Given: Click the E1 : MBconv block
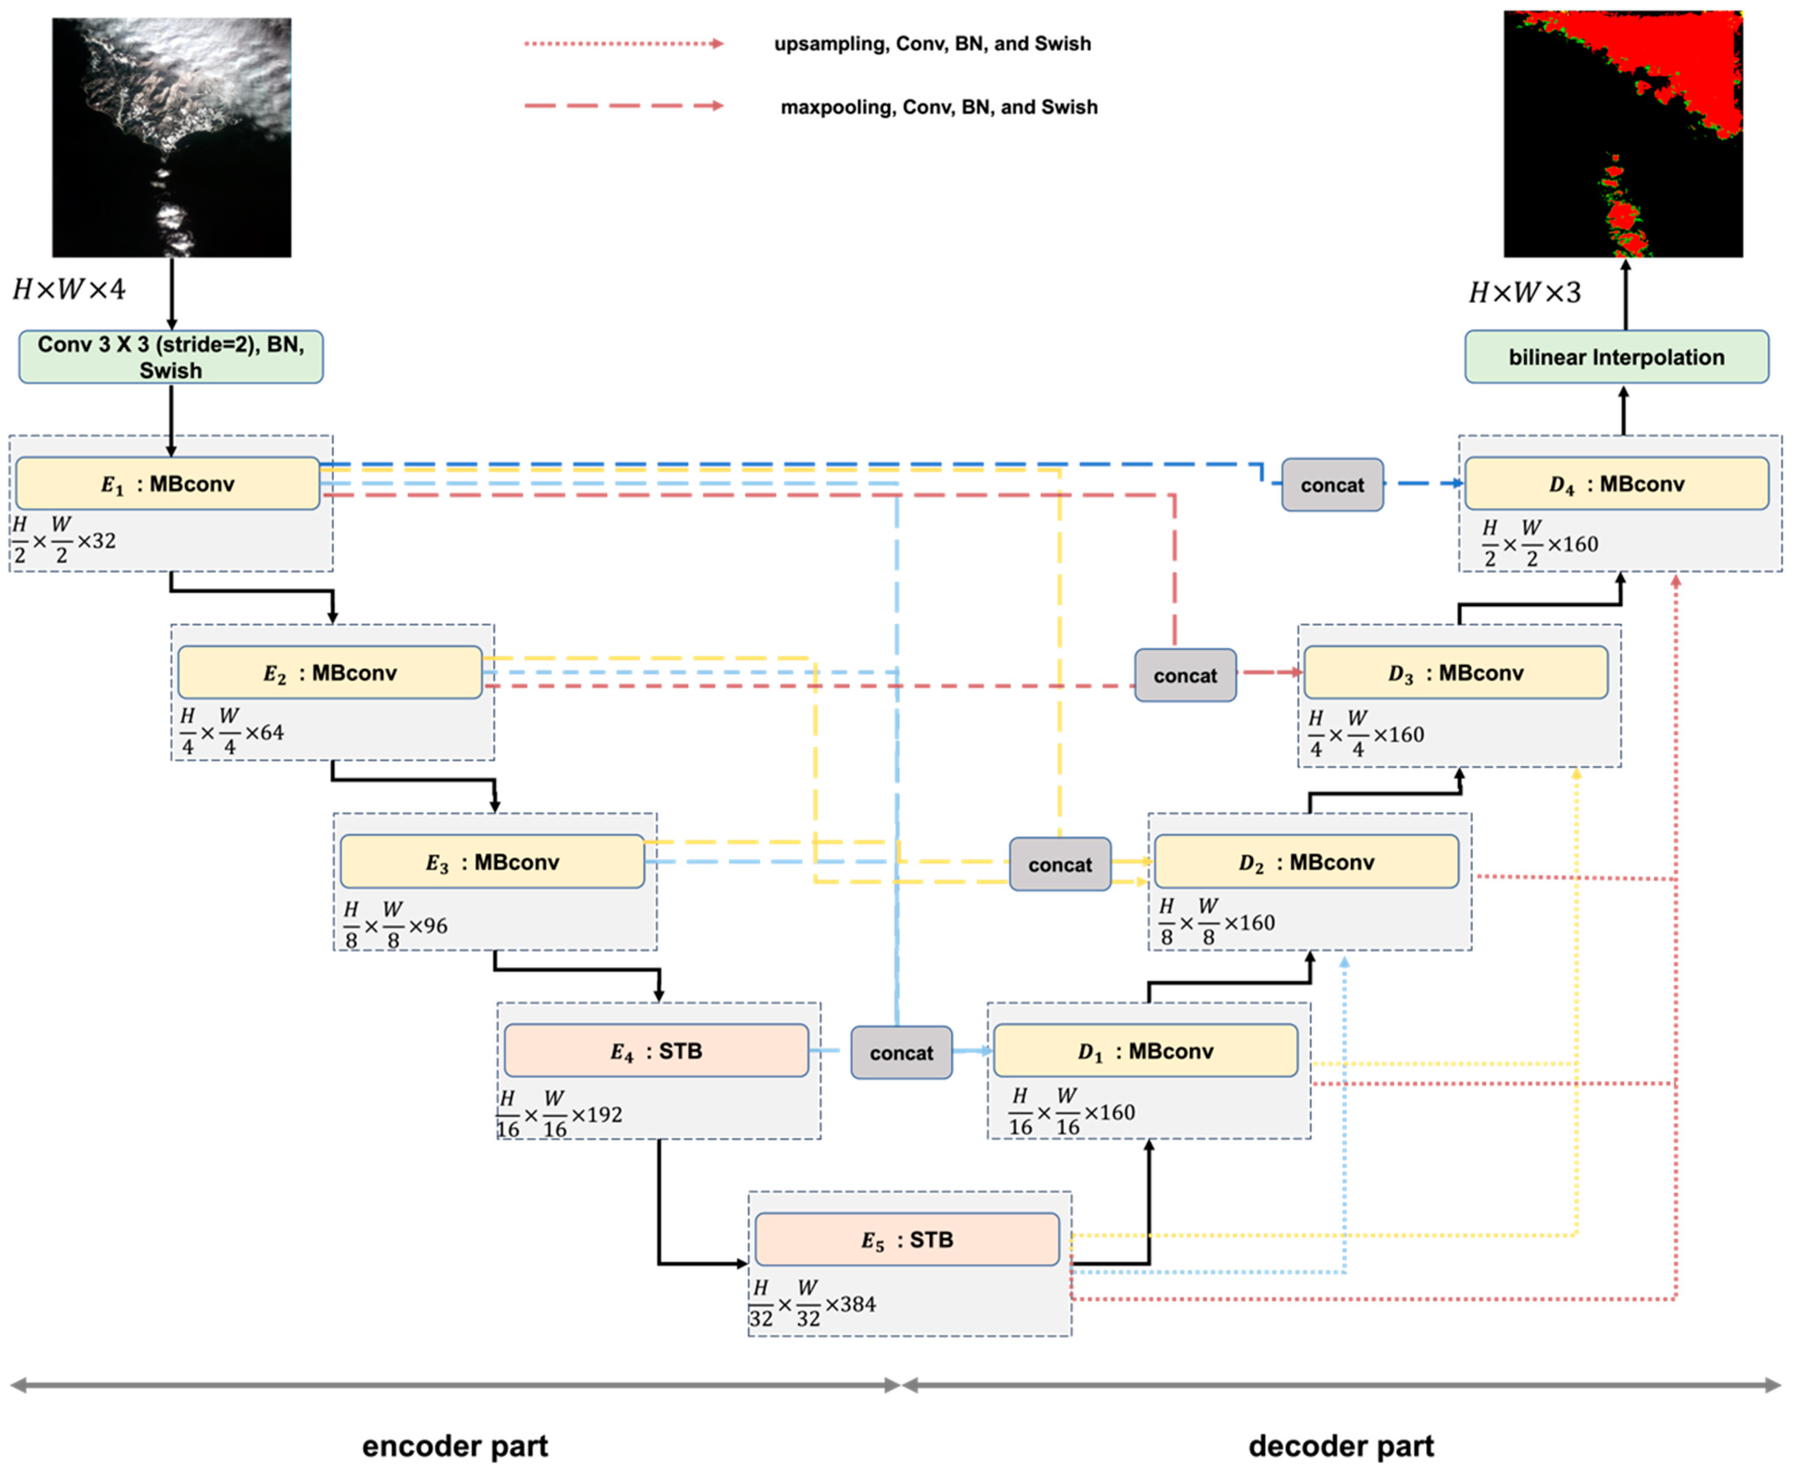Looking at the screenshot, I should pyautogui.click(x=167, y=484).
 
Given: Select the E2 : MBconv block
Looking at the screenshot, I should pyautogui.click(x=329, y=673).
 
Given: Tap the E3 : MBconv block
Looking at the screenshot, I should pyautogui.click(x=492, y=862).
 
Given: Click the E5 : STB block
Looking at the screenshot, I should pyautogui.click(x=906, y=1240).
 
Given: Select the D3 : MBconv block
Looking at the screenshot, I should pyautogui.click(x=1455, y=673).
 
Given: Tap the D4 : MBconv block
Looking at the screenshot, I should pyautogui.click(x=1617, y=484).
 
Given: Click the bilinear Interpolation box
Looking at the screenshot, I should pyautogui.click(x=1617, y=357).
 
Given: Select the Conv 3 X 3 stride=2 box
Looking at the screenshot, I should pyautogui.click(x=170, y=357).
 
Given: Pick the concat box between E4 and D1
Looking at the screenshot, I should pyautogui.click(x=901, y=1053).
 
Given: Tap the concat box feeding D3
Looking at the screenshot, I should pyautogui.click(x=1185, y=676).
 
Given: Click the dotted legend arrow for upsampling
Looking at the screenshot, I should pyautogui.click(x=624, y=43).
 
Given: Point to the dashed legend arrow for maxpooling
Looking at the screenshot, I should pyautogui.click(x=624, y=106).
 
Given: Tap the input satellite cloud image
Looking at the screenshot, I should pyautogui.click(x=171, y=138).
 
